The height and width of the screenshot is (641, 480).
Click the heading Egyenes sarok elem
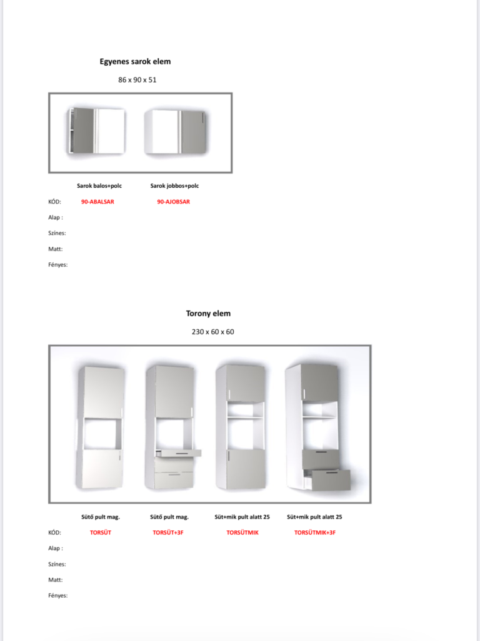click(135, 61)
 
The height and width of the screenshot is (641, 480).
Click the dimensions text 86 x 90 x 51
click(137, 80)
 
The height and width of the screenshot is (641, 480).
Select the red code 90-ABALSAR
click(97, 202)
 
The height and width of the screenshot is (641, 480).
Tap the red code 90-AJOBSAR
click(173, 202)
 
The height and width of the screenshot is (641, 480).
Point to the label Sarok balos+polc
click(99, 186)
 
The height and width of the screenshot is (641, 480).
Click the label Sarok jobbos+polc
click(175, 186)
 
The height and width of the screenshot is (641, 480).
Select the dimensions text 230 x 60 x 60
click(212, 332)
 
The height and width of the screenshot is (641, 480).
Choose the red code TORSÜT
click(101, 533)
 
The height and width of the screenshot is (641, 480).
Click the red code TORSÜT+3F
click(169, 533)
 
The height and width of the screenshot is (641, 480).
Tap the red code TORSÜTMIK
click(242, 533)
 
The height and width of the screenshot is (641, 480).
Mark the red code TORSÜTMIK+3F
click(314, 533)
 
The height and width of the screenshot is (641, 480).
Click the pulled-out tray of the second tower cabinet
click(177, 452)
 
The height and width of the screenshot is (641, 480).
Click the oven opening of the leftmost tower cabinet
click(102, 433)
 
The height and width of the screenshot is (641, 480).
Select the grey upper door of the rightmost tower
click(319, 382)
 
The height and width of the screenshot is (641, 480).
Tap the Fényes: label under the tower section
click(58, 595)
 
